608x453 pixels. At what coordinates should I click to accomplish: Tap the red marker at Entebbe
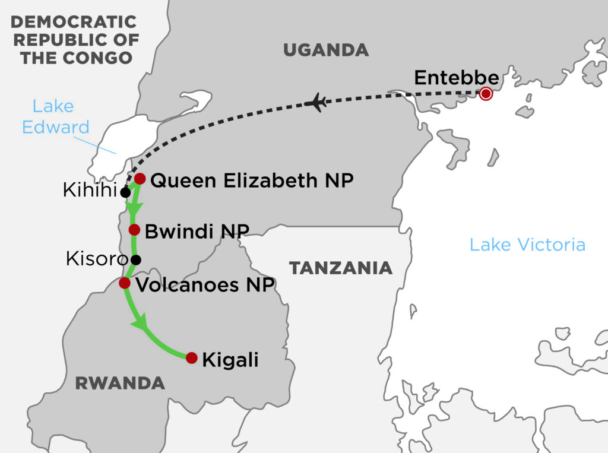[486, 93]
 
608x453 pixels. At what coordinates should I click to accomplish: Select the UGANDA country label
[325, 50]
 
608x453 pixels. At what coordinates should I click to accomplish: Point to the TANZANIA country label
[341, 268]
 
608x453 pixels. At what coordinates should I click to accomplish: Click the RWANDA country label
[120, 384]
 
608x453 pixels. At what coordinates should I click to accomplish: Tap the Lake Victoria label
[527, 245]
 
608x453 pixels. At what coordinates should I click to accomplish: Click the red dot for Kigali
[191, 358]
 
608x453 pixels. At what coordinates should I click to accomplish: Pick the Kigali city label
[230, 360]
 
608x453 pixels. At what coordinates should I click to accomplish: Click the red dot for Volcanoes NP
[125, 283]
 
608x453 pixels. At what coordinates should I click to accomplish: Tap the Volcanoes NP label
[205, 284]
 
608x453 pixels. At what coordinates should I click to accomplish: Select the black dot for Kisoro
[136, 259]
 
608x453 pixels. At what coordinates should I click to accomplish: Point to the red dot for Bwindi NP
[134, 229]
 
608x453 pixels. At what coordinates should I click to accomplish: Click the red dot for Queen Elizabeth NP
[140, 178]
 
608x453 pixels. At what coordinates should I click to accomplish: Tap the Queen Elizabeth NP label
[252, 180]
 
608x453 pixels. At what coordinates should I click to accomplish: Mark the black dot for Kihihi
[125, 192]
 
